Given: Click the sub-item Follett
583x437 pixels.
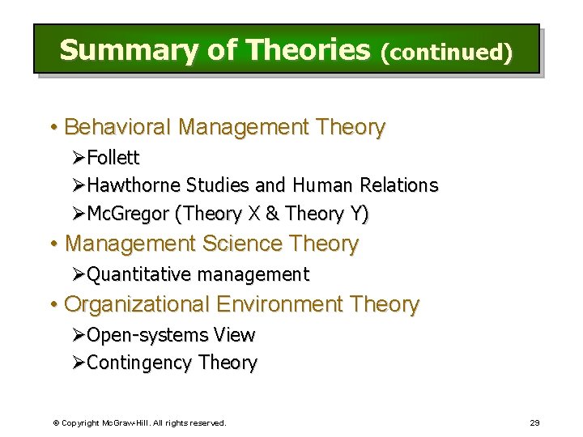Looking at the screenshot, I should [113, 157].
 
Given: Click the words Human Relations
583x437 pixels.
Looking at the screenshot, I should [365, 185].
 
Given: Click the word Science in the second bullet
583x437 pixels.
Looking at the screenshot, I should [240, 244].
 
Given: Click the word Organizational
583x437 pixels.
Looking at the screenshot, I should [137, 305].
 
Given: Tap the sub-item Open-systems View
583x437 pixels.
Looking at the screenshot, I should [170, 335].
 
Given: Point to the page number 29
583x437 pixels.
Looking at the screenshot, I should [534, 422].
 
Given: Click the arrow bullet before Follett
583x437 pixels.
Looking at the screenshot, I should [79, 157].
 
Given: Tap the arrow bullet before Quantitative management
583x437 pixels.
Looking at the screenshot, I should [79, 275].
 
